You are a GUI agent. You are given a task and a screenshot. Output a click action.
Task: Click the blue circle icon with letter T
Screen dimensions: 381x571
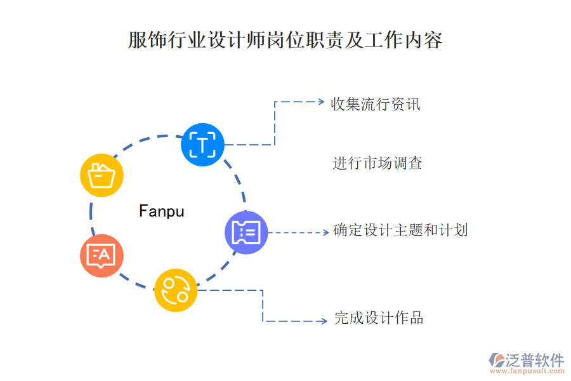click(x=202, y=145)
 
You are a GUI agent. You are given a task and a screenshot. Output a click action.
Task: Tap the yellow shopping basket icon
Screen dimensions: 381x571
click(x=102, y=175)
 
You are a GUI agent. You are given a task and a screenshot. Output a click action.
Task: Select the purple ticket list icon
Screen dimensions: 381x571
click(x=246, y=232)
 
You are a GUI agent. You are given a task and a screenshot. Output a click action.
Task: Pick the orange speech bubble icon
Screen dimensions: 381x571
click(x=102, y=255)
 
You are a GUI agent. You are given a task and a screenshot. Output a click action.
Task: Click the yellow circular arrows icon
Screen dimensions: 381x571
click(x=176, y=290)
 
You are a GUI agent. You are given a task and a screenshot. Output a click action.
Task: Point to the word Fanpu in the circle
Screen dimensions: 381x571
click(x=161, y=211)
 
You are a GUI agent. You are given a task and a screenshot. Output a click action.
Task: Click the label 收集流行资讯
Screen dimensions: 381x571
click(x=375, y=104)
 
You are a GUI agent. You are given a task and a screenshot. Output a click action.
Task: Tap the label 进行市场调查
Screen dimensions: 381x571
click(x=377, y=163)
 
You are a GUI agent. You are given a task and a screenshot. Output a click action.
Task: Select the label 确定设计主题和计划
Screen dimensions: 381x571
click(x=400, y=230)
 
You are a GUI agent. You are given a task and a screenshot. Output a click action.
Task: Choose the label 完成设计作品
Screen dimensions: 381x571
click(x=379, y=318)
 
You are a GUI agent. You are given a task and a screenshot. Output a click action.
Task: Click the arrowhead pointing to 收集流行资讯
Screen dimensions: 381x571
click(x=320, y=102)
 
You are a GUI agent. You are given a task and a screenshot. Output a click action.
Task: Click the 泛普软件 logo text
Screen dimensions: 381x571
click(x=534, y=359)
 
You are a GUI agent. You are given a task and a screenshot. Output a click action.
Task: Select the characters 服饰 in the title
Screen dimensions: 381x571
click(x=141, y=41)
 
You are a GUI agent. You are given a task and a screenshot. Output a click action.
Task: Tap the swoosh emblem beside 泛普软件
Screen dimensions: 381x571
click(x=496, y=360)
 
